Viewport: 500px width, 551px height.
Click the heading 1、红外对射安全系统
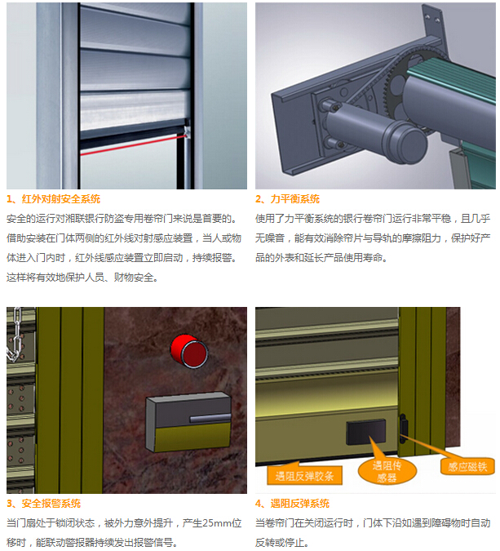click(x=54, y=199)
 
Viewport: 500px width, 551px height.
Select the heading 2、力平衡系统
click(x=287, y=199)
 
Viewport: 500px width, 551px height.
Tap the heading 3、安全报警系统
click(x=44, y=504)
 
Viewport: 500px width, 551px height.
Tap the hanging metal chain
click(x=14, y=339)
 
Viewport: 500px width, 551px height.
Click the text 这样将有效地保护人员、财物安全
click(x=82, y=277)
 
